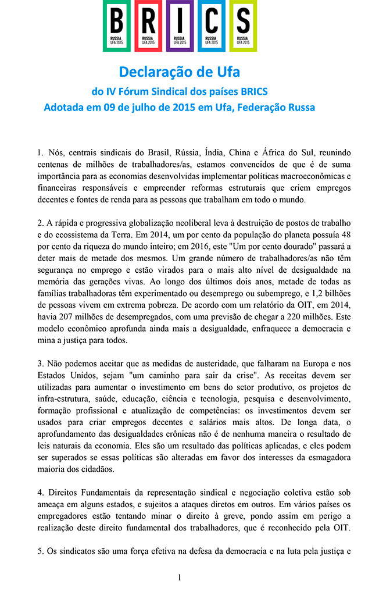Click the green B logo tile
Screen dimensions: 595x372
(117, 26)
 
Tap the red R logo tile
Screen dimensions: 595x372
(148, 26)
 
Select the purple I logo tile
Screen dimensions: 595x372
(180, 26)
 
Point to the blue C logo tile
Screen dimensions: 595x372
(212, 26)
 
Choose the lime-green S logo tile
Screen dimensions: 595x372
(243, 26)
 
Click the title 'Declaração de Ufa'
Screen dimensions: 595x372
(180, 72)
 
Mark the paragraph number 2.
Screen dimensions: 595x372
(40, 223)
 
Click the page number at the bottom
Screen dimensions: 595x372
(180, 578)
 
